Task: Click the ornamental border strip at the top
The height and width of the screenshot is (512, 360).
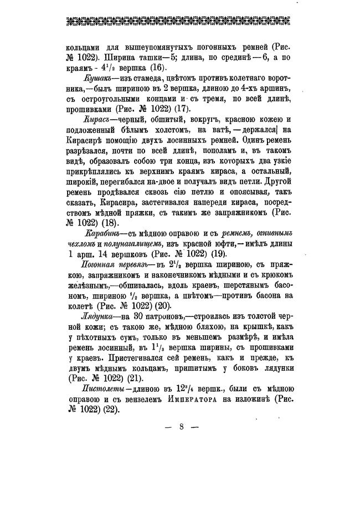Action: [180, 23]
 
